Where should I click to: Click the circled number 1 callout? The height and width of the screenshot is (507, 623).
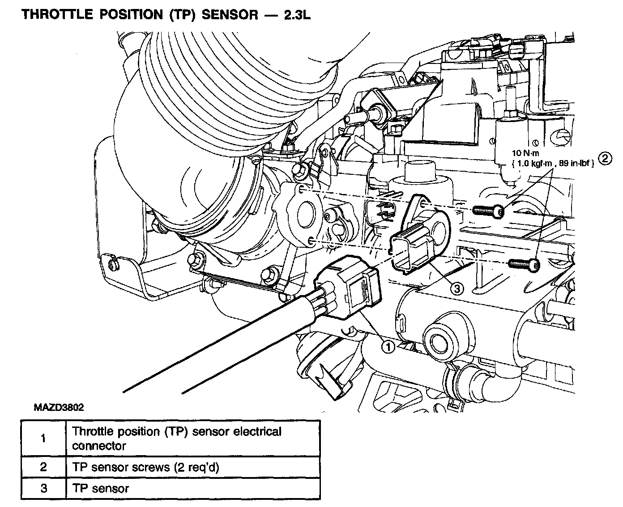[388, 347]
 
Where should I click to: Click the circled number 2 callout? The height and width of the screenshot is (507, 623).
[605, 159]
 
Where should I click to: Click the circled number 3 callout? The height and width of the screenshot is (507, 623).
[457, 289]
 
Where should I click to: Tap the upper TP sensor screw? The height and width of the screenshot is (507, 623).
[488, 211]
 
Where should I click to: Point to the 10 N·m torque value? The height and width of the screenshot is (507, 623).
[525, 153]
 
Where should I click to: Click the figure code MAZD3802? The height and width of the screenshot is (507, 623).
[59, 407]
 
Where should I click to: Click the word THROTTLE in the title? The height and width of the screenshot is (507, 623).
[58, 14]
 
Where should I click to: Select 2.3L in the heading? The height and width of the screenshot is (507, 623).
[297, 15]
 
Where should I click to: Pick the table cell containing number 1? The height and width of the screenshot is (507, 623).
[43, 438]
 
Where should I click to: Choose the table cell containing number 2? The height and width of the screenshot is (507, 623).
[43, 467]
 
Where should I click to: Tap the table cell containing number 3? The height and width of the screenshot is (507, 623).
[43, 488]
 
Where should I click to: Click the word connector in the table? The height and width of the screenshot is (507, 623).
[99, 446]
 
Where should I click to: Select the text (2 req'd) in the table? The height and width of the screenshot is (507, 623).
[196, 467]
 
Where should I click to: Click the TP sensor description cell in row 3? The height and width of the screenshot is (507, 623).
[193, 488]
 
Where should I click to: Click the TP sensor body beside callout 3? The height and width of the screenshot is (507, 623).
[421, 234]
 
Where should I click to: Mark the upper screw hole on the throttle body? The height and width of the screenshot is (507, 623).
[301, 190]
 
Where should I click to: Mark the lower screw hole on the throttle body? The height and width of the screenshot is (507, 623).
[311, 241]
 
